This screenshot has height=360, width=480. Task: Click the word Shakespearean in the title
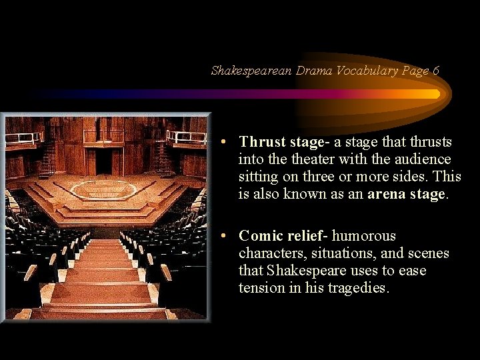(251, 70)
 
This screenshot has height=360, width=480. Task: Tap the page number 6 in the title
(435, 70)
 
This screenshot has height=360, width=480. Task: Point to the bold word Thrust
(263, 142)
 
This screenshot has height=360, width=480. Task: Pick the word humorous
(364, 236)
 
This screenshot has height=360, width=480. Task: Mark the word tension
(261, 288)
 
